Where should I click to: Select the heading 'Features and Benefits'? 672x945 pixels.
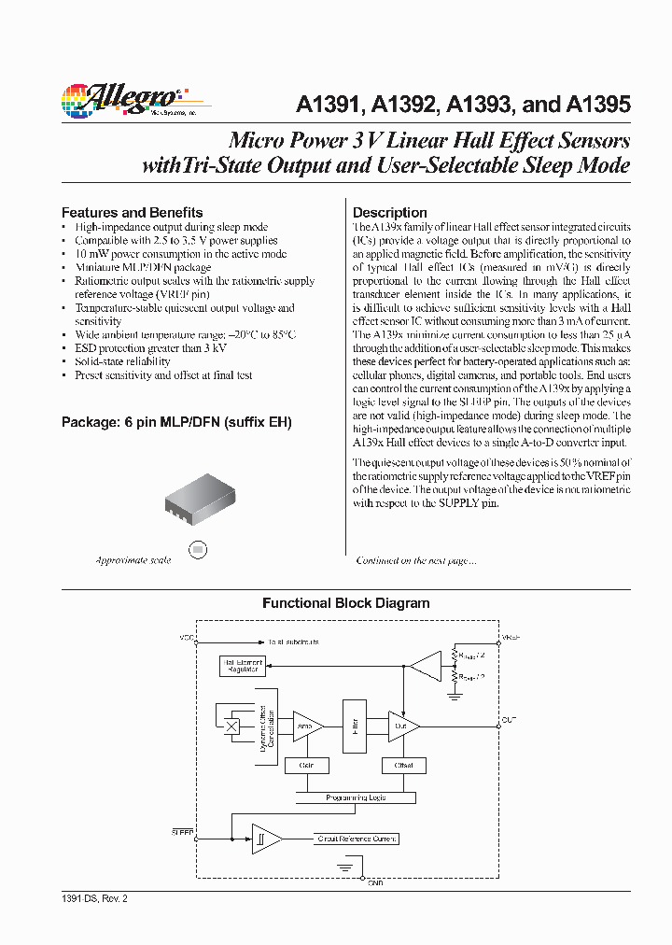click(x=132, y=212)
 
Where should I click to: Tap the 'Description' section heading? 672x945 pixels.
click(x=389, y=212)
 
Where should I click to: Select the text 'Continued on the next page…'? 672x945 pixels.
click(x=416, y=560)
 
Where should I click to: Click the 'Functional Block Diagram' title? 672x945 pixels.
click(x=345, y=603)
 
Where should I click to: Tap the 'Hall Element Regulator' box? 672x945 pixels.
click(x=242, y=666)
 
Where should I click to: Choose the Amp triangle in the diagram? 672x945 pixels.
click(x=306, y=725)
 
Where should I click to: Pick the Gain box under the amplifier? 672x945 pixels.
click(x=306, y=766)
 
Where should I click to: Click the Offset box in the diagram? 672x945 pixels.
click(x=403, y=766)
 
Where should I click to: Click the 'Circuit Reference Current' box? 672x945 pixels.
click(x=356, y=839)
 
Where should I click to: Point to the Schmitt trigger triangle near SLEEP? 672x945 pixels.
click(x=264, y=838)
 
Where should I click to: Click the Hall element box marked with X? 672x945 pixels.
click(x=232, y=725)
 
